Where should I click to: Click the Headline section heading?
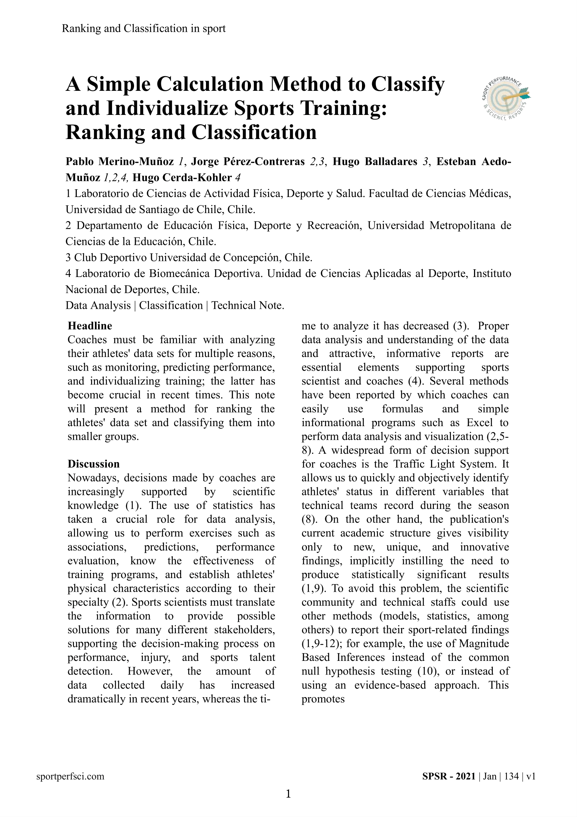tap(90, 326)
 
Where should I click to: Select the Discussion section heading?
tap(94, 464)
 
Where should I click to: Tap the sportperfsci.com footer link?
tap(71, 776)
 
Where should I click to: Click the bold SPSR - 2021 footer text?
tap(449, 776)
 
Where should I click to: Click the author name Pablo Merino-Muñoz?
tap(120, 162)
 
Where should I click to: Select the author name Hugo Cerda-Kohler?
tap(182, 177)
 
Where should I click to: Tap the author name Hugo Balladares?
tap(375, 162)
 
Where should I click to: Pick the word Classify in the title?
tap(408, 84)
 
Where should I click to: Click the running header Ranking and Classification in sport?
tap(143, 28)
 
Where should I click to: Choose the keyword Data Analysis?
tap(98, 305)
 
